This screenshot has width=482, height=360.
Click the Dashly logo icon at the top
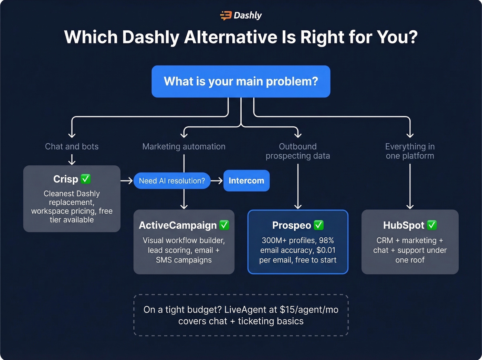226,16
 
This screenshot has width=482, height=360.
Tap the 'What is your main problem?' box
241,81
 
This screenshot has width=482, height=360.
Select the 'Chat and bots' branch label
72,146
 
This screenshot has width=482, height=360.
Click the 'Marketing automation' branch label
184,146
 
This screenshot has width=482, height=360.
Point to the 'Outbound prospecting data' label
298,151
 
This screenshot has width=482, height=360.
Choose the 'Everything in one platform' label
410,151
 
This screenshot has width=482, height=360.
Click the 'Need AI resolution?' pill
172,181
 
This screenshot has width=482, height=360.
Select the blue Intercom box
246,181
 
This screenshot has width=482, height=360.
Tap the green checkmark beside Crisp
85,179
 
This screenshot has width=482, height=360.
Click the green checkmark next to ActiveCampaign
224,225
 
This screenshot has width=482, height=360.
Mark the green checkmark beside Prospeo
319,225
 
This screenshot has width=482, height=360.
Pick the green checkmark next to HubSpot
432,225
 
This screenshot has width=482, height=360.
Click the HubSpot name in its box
404,225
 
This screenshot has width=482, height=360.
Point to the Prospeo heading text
291,225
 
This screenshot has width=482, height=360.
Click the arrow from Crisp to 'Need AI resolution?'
127,181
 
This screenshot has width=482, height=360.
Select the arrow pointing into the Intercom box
217,181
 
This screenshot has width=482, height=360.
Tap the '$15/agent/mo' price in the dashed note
309,310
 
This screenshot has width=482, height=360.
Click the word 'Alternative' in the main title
231,37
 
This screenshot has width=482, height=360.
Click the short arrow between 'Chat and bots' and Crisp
72,160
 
